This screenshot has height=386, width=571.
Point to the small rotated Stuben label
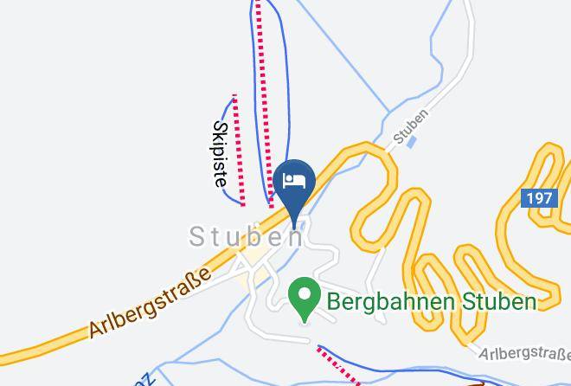click(410, 125)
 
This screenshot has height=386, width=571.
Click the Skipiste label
click(220, 154)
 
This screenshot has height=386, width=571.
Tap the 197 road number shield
click(538, 199)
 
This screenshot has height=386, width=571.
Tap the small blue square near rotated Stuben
click(412, 141)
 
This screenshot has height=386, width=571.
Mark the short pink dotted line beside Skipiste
click(239, 150)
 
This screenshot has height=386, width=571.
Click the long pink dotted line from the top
click(264, 95)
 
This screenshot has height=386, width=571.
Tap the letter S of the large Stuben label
click(197, 235)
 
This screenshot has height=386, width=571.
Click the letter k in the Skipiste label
click(220, 136)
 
